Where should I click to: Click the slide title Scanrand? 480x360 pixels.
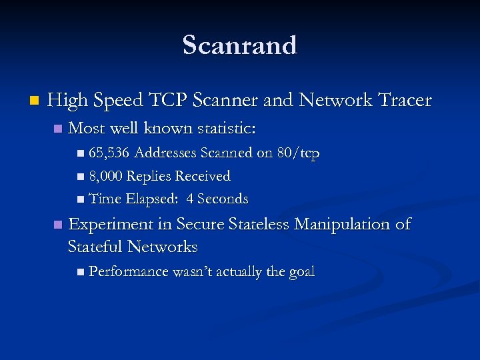point(240,46)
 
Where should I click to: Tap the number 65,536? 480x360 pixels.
point(109,154)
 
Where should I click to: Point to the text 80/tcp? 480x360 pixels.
point(298,154)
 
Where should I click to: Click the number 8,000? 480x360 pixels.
point(105,177)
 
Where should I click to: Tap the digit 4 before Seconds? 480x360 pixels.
point(191,199)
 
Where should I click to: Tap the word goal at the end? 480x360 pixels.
point(301,272)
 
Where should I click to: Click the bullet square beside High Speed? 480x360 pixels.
point(34,101)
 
